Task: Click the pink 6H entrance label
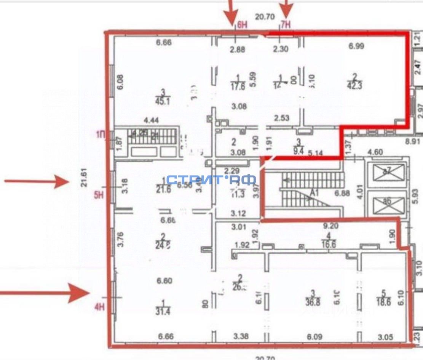[242, 26]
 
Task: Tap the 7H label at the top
[286, 26]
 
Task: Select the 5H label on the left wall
[99, 196]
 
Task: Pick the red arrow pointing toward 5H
[36, 181]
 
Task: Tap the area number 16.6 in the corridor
[324, 245]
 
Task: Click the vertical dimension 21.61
[85, 175]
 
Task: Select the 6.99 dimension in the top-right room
[356, 46]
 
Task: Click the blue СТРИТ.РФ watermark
[211, 179]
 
